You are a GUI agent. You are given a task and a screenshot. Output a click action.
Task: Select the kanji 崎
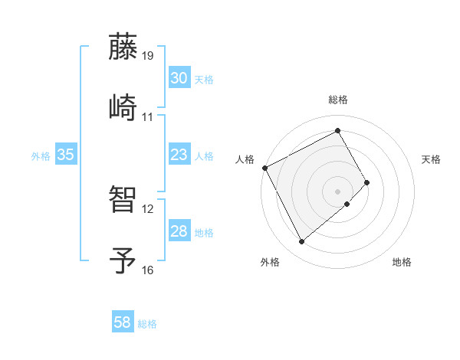coord(123,106)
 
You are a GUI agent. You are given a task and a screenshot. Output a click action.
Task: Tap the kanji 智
coord(123,198)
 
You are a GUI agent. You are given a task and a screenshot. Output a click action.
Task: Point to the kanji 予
coord(123,259)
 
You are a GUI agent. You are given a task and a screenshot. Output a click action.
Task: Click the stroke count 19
coord(148,56)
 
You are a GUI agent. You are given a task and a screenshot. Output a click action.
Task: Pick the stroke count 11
coord(148,117)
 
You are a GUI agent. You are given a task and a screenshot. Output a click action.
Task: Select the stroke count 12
coord(148,208)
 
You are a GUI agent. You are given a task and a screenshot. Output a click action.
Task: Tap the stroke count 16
coord(148,270)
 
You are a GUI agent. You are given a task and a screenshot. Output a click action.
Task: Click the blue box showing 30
coord(179,78)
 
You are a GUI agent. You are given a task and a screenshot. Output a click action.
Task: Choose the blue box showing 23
coord(179,155)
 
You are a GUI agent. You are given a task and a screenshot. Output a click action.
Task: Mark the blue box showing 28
coord(179,231)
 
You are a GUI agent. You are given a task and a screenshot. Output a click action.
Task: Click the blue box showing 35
coord(65,155)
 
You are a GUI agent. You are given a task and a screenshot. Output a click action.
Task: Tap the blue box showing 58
coord(122,322)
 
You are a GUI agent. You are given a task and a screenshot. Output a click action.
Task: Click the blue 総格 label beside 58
coord(147,324)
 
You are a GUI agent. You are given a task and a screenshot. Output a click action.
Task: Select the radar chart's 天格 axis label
coord(431,159)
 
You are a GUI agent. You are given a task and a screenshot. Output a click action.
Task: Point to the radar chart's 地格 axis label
coord(402,263)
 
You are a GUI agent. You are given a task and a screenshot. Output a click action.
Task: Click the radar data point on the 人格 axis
coord(264,168)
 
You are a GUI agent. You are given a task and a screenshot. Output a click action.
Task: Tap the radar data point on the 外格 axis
coord(301,242)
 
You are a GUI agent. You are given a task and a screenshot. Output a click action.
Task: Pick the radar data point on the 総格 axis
coord(337,130)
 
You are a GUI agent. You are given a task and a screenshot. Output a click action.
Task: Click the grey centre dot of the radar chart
coord(337,190)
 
